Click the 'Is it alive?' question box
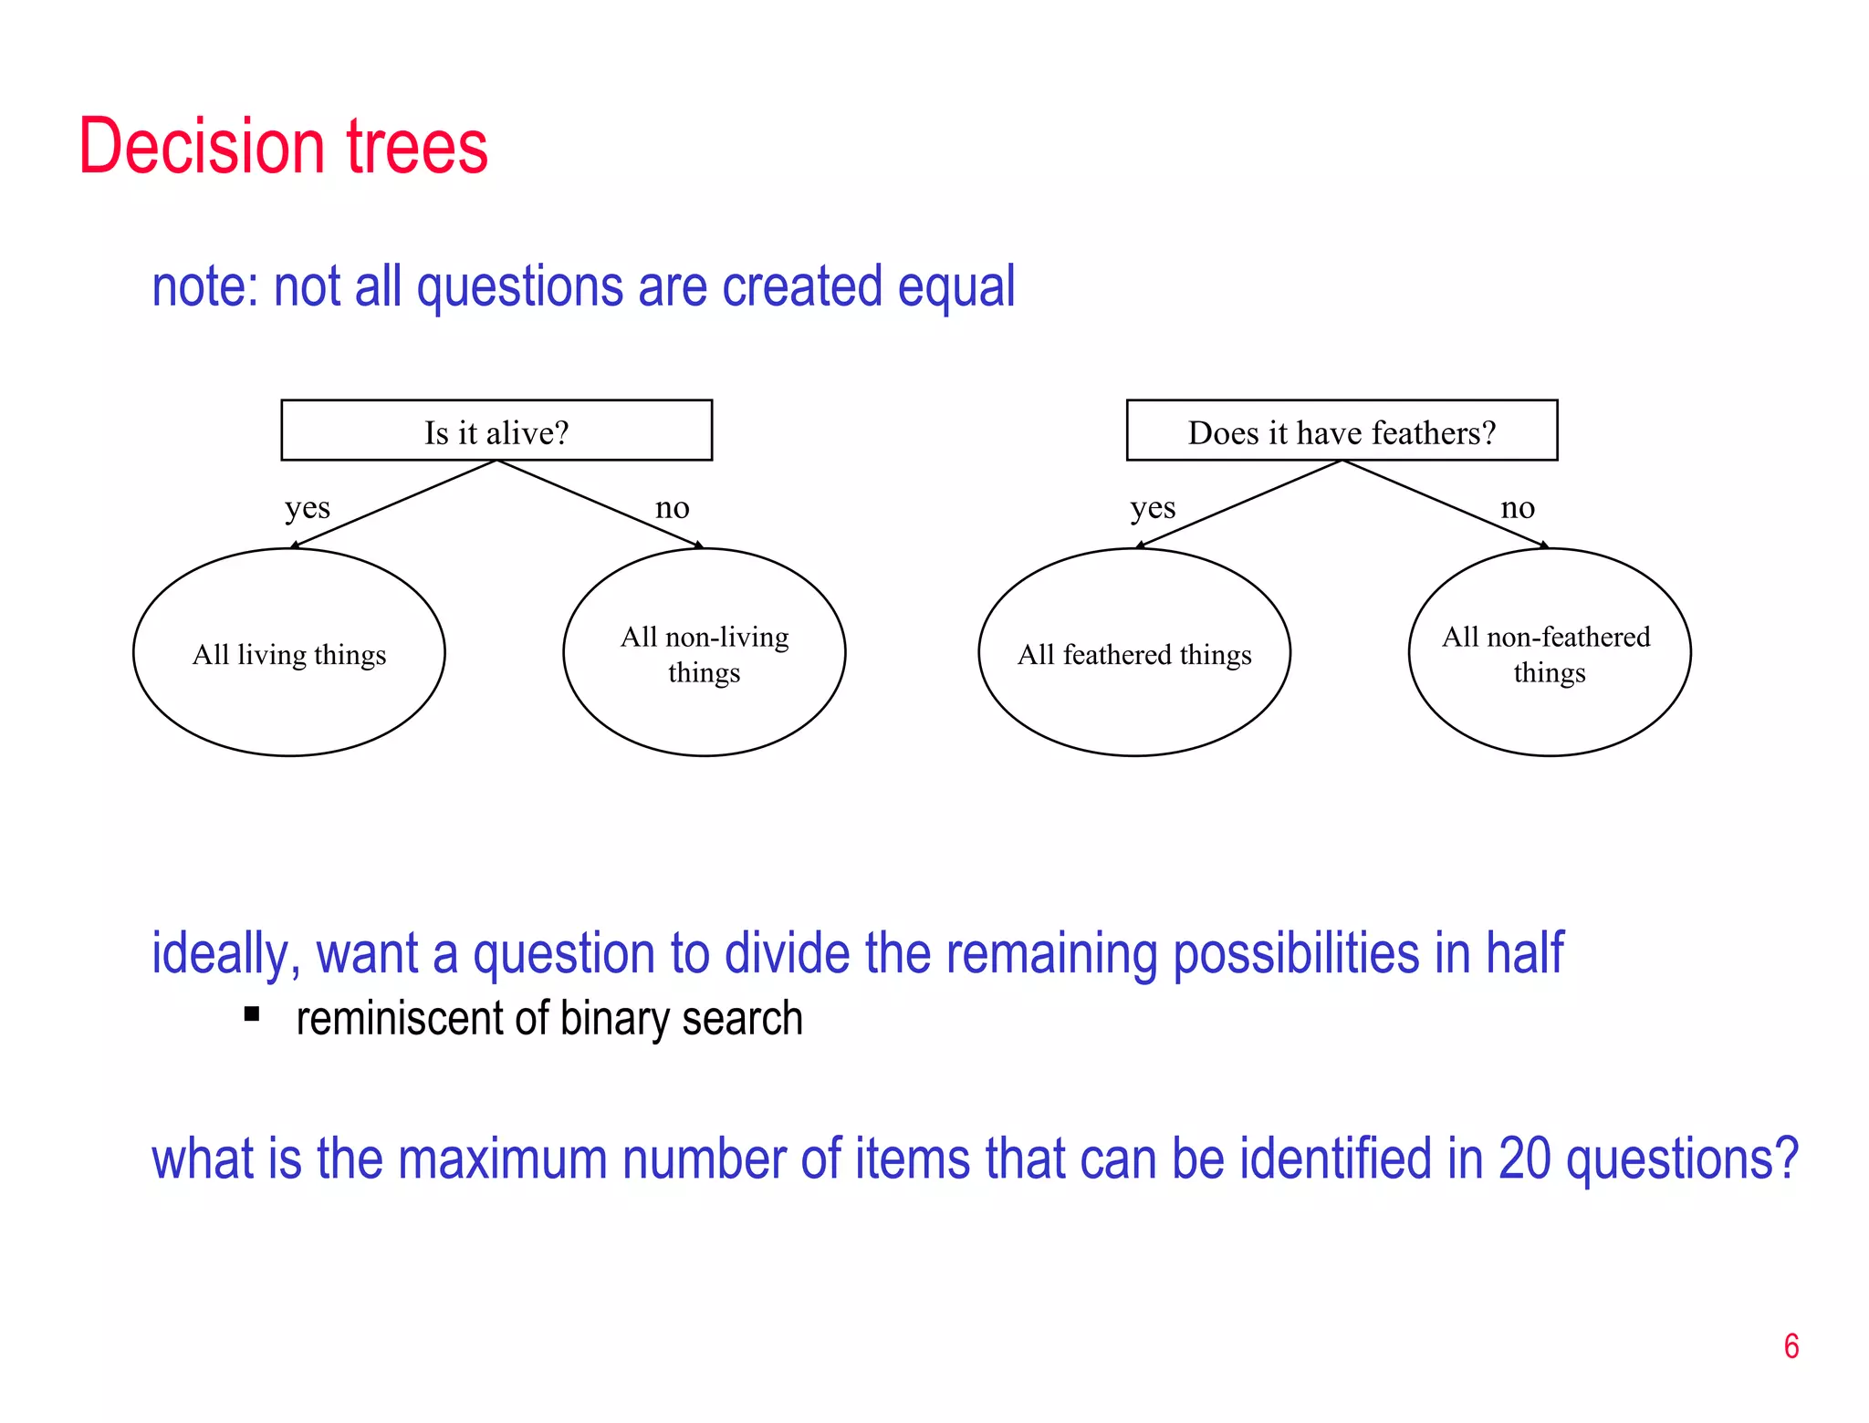coord(496,431)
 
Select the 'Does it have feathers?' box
coord(1342,431)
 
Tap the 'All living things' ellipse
coord(289,652)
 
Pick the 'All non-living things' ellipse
coord(705,652)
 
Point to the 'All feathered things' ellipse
coord(1134,652)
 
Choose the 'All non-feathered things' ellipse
coord(1550,652)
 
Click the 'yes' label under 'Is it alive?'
coord(308,507)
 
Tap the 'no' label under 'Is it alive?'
coord(673,507)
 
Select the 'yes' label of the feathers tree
coord(1153,507)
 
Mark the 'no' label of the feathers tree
coord(1518,507)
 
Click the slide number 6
coord(1791,1346)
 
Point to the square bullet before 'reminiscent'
coord(252,1013)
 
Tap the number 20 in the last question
coord(1524,1158)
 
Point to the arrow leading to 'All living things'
coord(392,504)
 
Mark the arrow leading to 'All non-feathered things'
coord(1446,504)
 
